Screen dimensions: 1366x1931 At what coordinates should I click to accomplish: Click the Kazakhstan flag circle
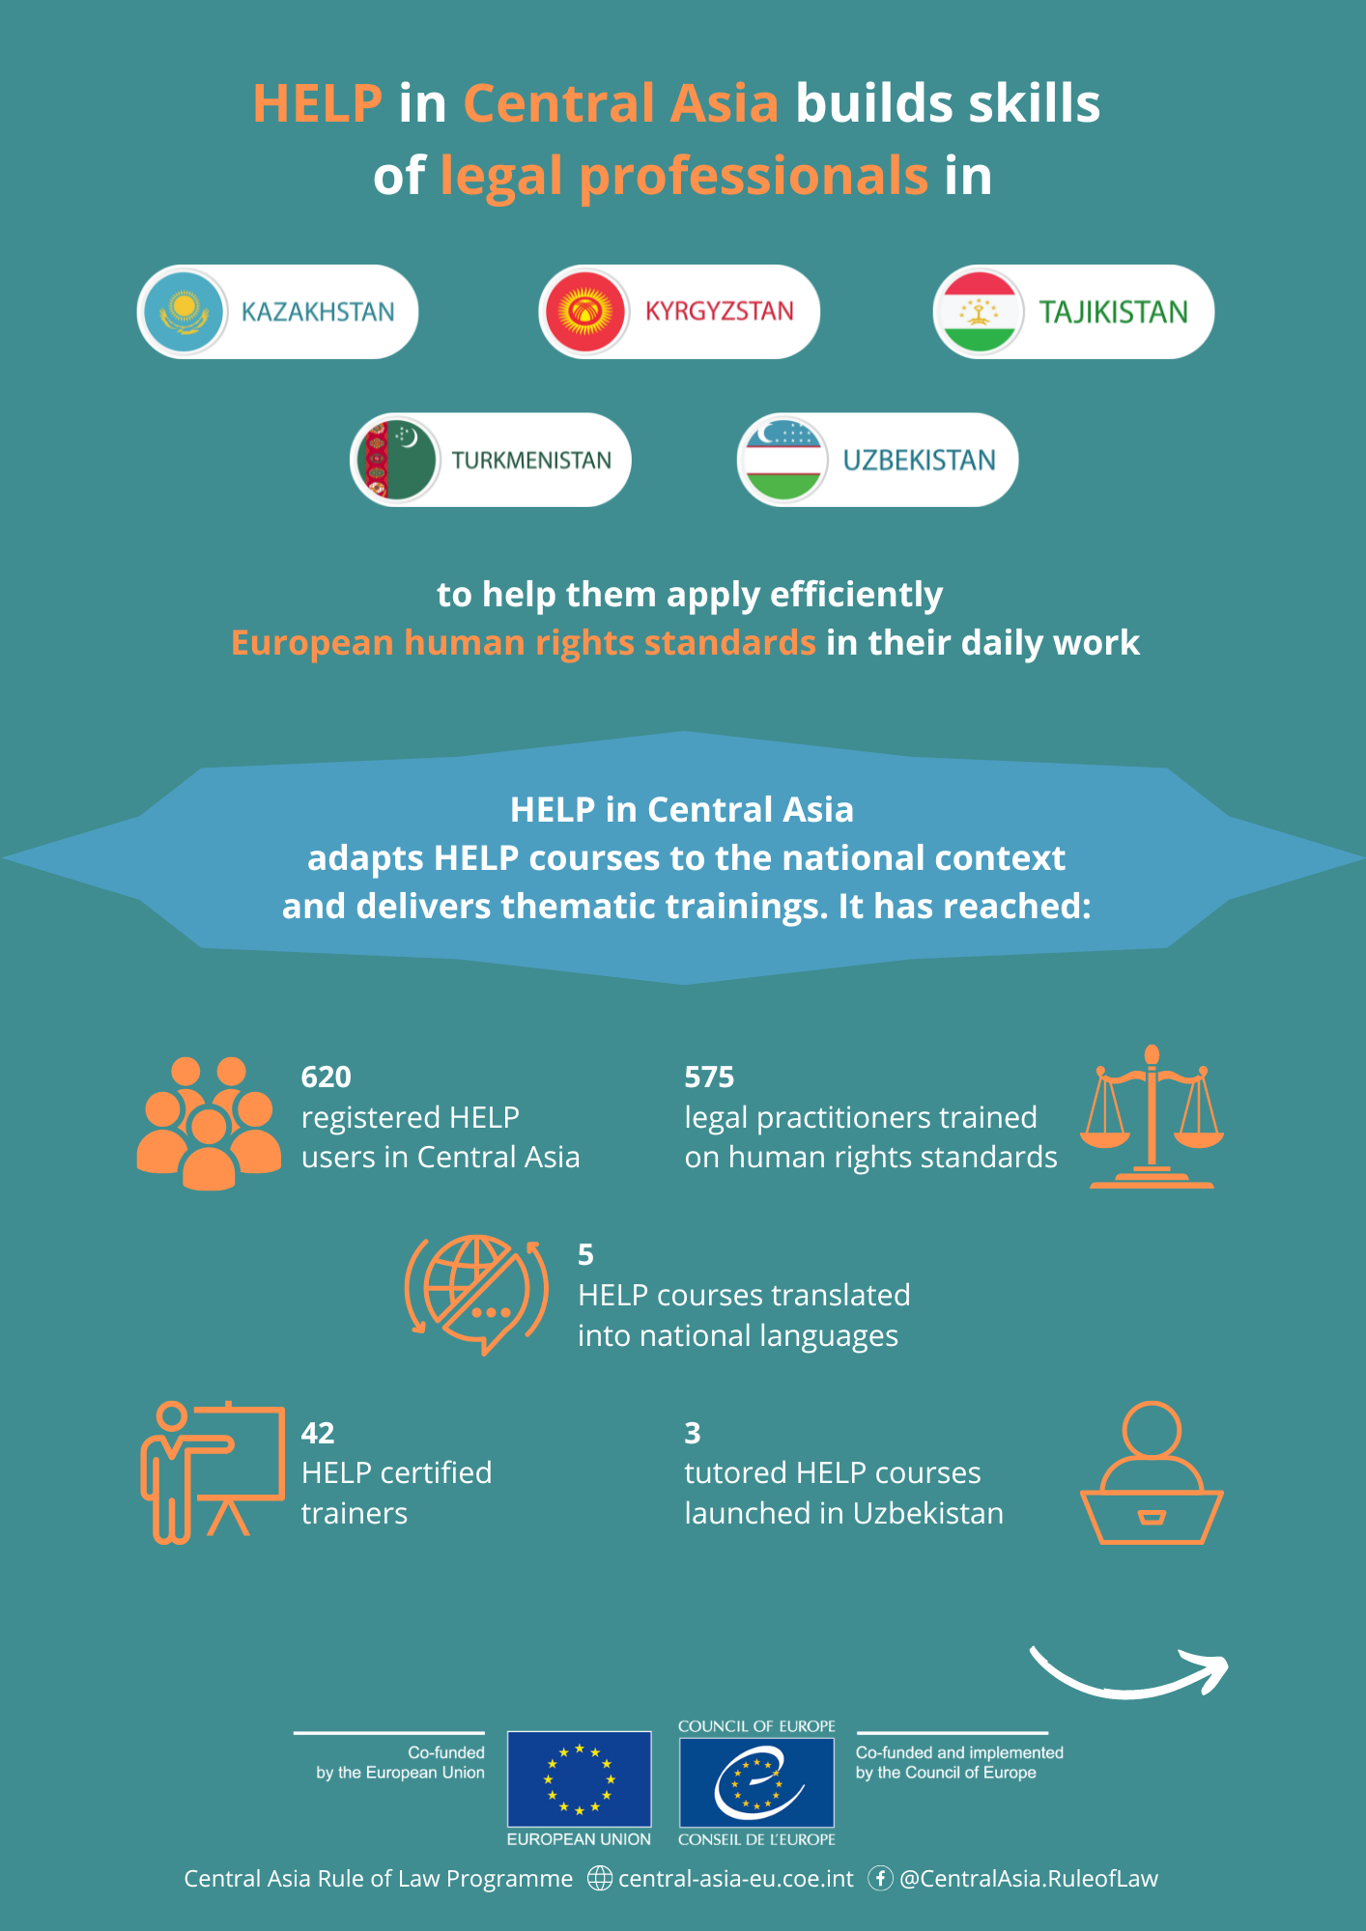(x=184, y=312)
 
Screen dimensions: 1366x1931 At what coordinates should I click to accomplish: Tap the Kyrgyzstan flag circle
(x=585, y=312)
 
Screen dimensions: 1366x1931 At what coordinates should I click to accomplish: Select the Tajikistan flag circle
(x=980, y=312)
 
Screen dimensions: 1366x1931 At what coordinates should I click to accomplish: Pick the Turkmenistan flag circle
(x=396, y=460)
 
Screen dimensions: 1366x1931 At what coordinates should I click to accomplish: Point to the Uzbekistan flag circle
(x=783, y=460)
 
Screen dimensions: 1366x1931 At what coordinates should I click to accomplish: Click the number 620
(x=327, y=1077)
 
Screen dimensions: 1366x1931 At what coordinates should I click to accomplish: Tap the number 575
(x=709, y=1077)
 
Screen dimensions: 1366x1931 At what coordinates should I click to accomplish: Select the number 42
(x=318, y=1433)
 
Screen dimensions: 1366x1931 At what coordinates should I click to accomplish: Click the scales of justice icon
(x=1152, y=1116)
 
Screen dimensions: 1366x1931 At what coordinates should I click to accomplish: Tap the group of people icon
(x=209, y=1123)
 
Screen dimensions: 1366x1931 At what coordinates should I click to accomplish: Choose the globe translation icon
(x=476, y=1295)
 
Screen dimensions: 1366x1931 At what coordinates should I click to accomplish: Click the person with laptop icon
(x=1152, y=1472)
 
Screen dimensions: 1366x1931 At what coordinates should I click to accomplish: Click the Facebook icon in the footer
(x=880, y=1878)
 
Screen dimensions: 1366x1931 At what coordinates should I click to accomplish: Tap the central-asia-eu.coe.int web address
(x=736, y=1879)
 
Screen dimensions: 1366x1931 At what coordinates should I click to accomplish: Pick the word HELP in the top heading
(x=318, y=103)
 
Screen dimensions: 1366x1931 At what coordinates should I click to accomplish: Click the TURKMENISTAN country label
(x=531, y=461)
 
